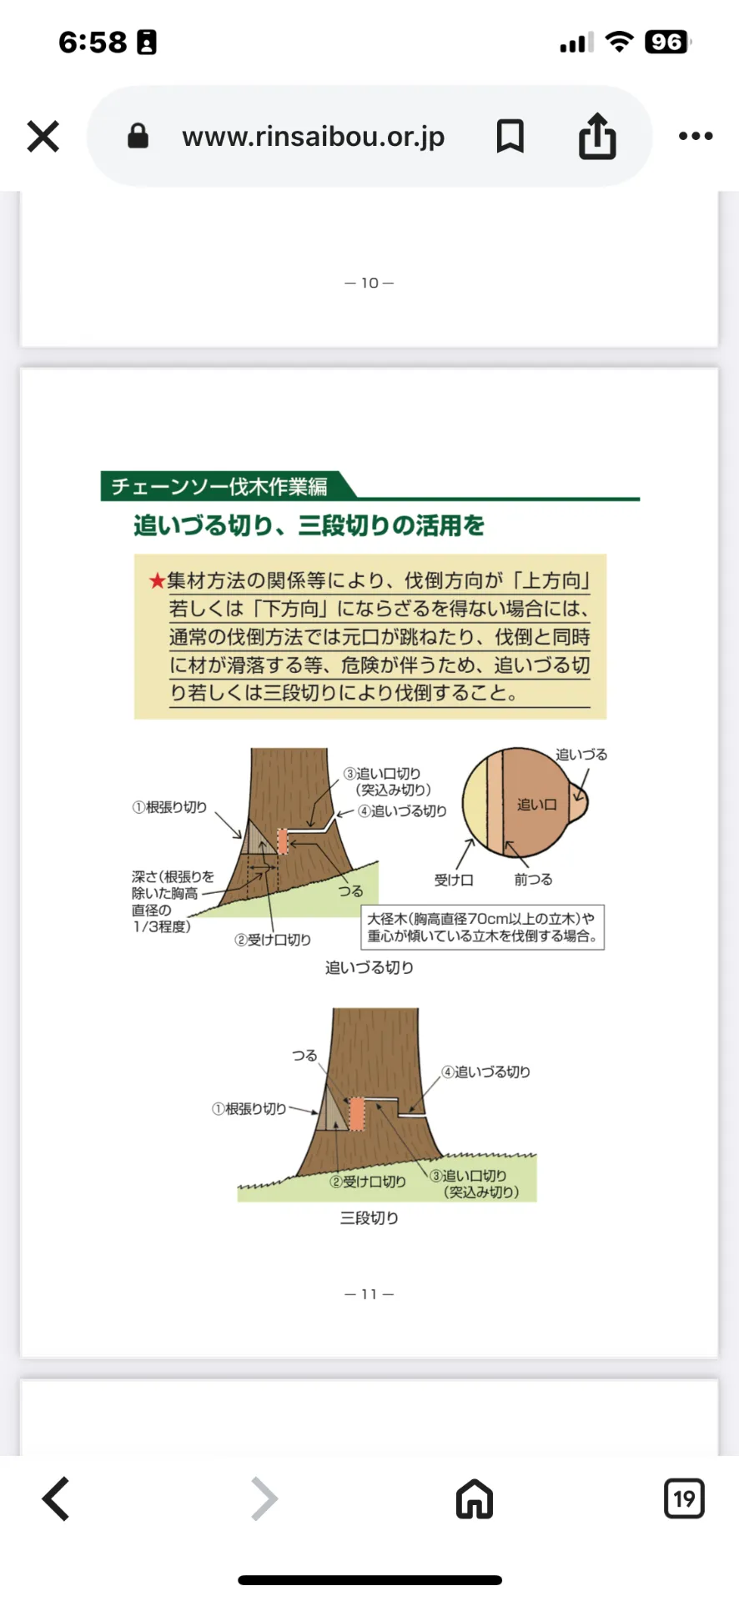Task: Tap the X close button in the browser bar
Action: (43, 137)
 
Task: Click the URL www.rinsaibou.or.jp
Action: (313, 137)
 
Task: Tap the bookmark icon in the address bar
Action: (510, 136)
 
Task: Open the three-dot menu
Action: (695, 136)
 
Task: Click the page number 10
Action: (369, 284)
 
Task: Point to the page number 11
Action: (369, 1294)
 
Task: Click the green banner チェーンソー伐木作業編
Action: (220, 486)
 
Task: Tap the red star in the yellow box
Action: (157, 581)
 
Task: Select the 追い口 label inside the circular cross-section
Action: (536, 805)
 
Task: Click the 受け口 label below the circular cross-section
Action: (454, 880)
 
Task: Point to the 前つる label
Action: (533, 880)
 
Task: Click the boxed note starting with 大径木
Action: (482, 927)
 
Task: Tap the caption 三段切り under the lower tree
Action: (369, 1218)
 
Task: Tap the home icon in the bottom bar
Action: (475, 1498)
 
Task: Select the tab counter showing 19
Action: (684, 1498)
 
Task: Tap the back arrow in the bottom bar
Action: (57, 1498)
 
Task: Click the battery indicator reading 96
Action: (666, 42)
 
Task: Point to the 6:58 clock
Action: (93, 42)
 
